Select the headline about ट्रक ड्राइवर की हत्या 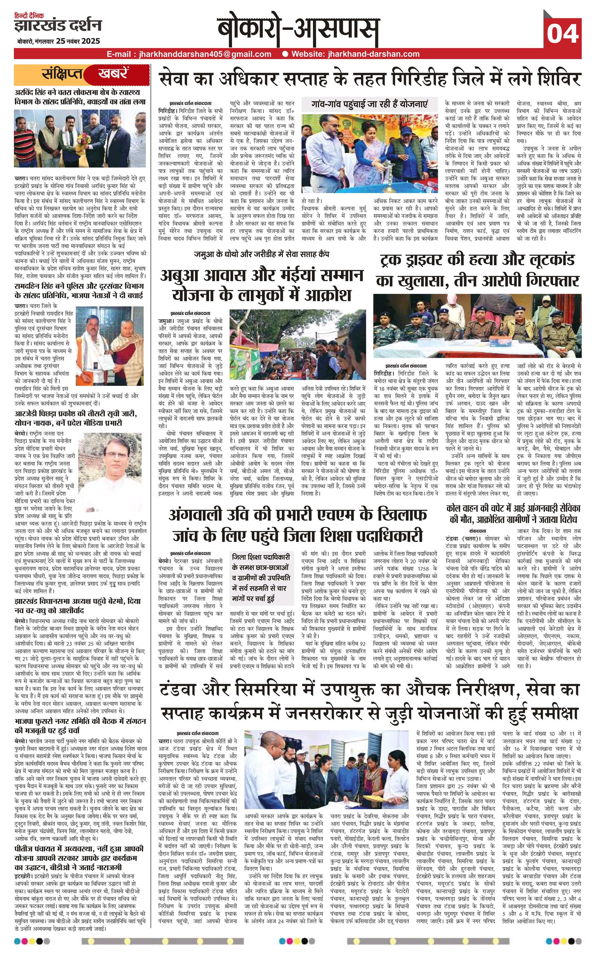coord(477,270)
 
